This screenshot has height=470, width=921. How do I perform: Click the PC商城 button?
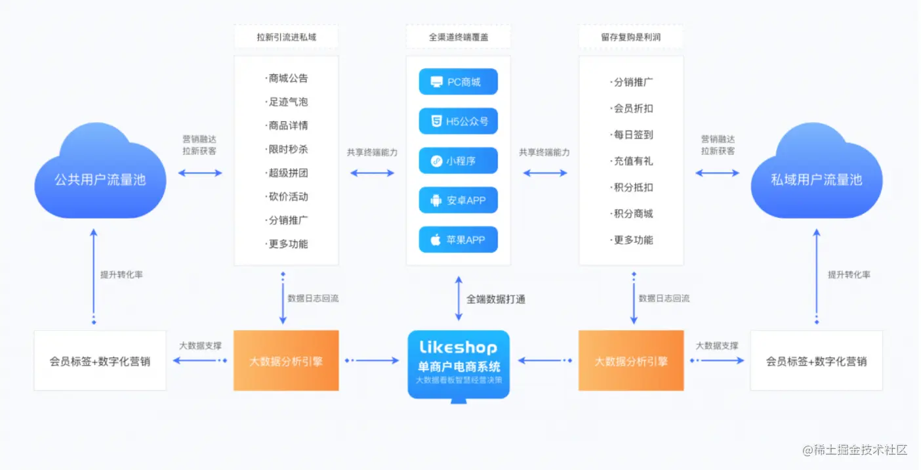coord(458,82)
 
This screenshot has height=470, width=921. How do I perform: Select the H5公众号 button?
coord(458,121)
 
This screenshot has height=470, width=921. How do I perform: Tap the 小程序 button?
coord(458,161)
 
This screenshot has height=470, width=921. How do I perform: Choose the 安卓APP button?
coord(458,200)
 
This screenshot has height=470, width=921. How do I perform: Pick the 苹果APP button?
coord(458,240)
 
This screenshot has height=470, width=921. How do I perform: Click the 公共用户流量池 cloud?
coord(100,179)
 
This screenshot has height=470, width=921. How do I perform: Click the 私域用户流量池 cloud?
coord(816,179)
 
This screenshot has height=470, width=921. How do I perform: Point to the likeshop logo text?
coord(458,348)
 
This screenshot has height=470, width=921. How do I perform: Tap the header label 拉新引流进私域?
coord(286,37)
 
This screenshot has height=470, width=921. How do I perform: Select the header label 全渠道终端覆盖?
coord(458,37)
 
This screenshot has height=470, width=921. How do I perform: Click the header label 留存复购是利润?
coord(630,37)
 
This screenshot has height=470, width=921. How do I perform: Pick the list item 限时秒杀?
coord(287,149)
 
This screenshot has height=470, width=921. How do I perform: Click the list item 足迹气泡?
coord(287,102)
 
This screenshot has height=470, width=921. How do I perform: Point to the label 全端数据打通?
coord(495,299)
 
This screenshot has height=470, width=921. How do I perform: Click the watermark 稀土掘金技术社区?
coord(855,450)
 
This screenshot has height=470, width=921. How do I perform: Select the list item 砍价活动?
coord(287,196)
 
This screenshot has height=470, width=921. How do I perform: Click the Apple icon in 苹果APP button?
coord(436,240)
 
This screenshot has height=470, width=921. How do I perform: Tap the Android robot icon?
coord(436,201)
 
